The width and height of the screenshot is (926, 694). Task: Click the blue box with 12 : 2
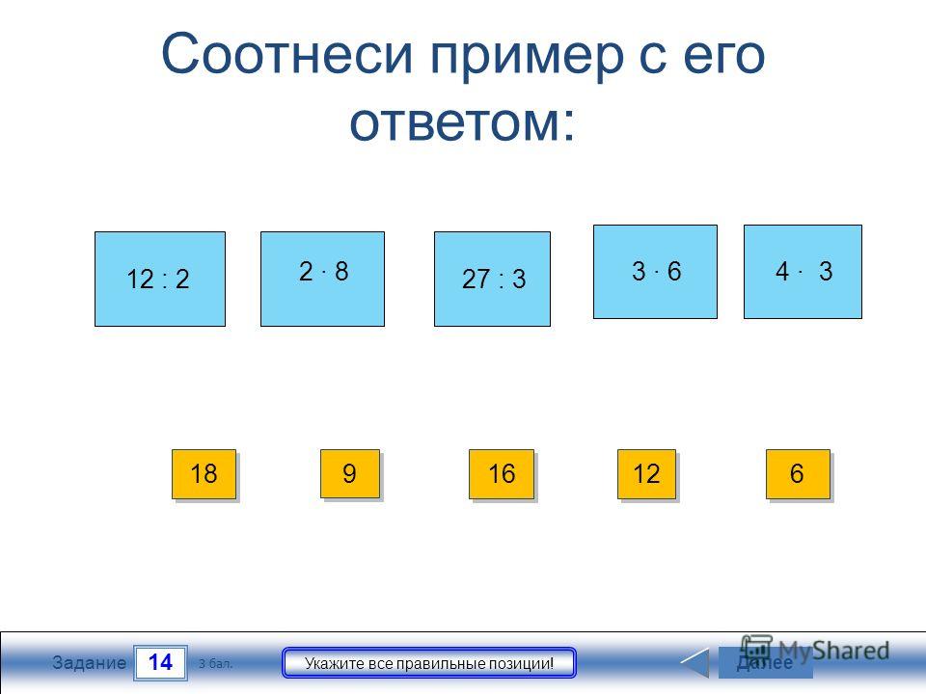pos(160,279)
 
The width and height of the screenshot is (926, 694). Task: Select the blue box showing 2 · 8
pos(322,279)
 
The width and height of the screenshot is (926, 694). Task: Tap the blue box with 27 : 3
pos(492,279)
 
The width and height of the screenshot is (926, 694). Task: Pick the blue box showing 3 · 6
pos(655,272)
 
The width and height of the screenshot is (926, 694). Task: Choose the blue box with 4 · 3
pos(803,272)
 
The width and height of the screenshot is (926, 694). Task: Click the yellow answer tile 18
pos(204,474)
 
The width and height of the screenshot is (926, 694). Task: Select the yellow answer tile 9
pos(350,474)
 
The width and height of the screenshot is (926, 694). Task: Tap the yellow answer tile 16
pos(502,474)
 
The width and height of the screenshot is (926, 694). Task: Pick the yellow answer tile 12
pos(646,474)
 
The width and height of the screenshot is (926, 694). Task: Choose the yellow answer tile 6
pos(798,474)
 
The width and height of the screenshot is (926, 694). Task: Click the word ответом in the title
pos(461,123)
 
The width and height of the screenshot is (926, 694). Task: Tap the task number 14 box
pos(161,663)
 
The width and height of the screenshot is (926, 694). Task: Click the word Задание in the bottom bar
pos(89,663)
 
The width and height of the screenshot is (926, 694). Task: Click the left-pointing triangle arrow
pos(696,663)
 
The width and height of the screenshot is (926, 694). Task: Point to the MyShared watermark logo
pos(816,651)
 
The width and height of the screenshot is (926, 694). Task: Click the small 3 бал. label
pos(215,664)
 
